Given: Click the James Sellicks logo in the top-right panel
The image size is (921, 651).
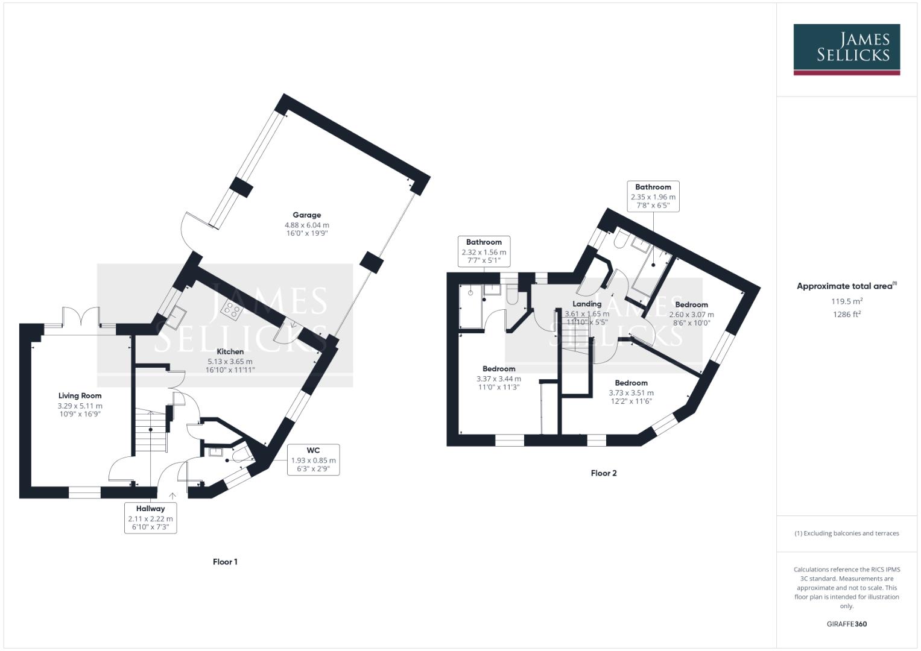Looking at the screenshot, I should (846, 49).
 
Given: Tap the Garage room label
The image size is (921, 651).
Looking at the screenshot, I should (306, 215).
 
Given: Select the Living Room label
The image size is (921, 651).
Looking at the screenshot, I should (80, 396).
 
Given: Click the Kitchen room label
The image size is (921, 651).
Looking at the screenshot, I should (230, 352).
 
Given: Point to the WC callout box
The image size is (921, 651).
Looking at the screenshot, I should (313, 459).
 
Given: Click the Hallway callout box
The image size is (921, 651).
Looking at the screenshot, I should (150, 518).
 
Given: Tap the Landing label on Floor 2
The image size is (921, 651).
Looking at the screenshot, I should (586, 304).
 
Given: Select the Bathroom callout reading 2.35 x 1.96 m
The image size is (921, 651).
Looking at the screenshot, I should (653, 197).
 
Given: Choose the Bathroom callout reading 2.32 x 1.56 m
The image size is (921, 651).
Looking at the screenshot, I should (484, 251).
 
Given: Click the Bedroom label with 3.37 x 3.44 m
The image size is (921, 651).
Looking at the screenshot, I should (499, 369).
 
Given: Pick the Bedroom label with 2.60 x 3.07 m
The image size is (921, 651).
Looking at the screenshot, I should (691, 305).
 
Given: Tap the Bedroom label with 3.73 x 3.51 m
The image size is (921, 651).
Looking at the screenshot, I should (631, 383).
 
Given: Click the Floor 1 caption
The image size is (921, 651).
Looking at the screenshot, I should (225, 562).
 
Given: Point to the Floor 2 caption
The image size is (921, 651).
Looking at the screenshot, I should (603, 473).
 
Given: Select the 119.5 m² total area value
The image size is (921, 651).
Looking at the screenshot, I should (846, 301).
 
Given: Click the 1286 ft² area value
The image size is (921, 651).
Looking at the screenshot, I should (846, 314).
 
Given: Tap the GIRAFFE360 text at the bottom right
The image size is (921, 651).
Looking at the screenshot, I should (846, 624).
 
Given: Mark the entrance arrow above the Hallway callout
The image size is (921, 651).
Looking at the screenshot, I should (172, 495).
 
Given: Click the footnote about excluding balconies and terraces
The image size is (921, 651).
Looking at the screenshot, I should (846, 533).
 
